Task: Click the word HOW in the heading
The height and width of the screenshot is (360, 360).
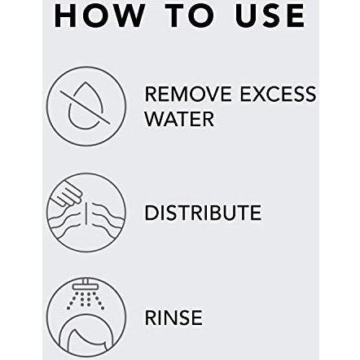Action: point(99,15)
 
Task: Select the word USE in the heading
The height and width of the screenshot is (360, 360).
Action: point(270,15)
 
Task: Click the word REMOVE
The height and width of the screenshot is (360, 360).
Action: point(188,94)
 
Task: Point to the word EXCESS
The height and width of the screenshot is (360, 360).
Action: point(279,94)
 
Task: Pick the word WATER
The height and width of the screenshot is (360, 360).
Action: point(179,119)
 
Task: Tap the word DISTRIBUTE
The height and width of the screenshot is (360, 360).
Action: point(203,213)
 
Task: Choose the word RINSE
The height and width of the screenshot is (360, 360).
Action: point(173,318)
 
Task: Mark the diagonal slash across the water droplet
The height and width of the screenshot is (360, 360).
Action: point(86,107)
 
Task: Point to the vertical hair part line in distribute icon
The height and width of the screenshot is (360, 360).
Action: point(87,214)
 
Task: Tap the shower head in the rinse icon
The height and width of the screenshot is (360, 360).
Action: point(86,285)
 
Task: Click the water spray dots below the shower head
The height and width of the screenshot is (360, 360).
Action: point(86,301)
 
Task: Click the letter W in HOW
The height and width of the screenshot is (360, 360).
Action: point(128,15)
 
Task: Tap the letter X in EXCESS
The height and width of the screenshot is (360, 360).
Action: point(260,94)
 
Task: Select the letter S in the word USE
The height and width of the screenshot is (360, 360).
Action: point(270,15)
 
